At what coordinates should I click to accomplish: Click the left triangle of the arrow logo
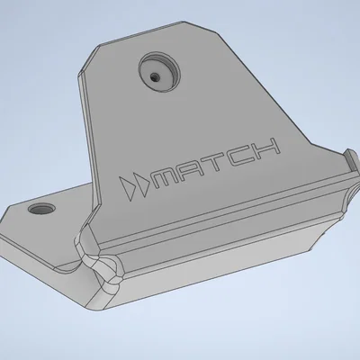click(127, 188)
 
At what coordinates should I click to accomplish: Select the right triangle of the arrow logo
click(139, 185)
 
